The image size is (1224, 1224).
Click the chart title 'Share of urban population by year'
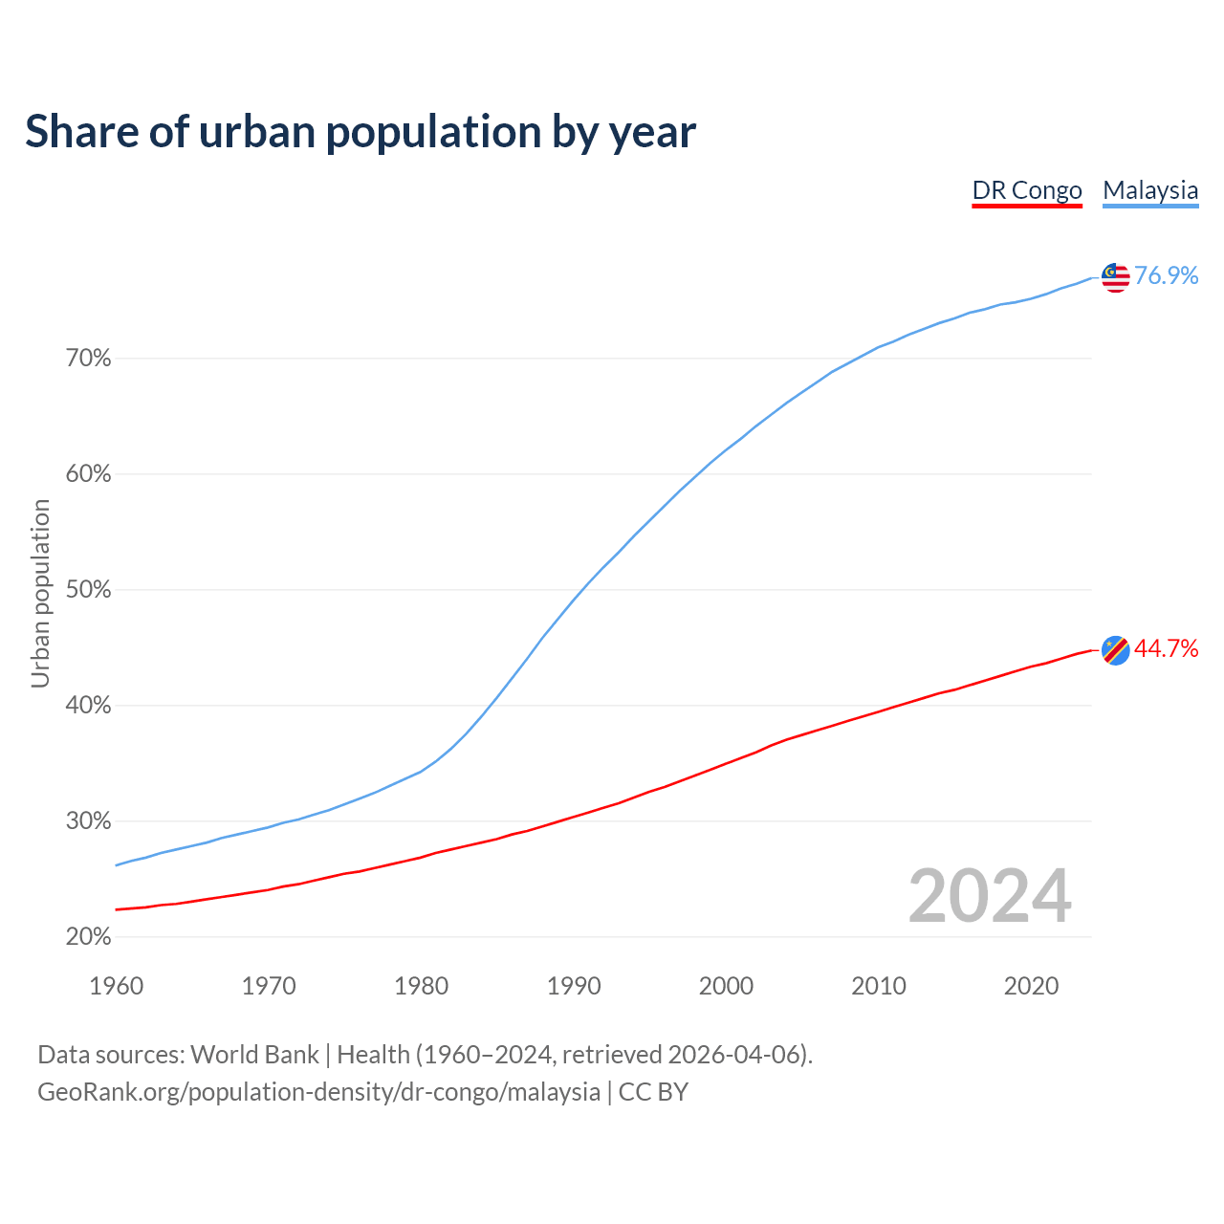pyautogui.click(x=361, y=132)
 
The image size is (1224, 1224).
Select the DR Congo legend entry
pyautogui.click(x=1027, y=190)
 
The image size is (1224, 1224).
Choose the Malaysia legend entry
pyautogui.click(x=1150, y=190)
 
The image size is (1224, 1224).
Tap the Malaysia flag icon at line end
pyautogui.click(x=1116, y=277)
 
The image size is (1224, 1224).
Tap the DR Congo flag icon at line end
pyautogui.click(x=1116, y=650)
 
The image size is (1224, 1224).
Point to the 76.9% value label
pyautogui.click(x=1166, y=276)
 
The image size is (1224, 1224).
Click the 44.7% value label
pyautogui.click(x=1166, y=649)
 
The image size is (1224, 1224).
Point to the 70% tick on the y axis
pyautogui.click(x=89, y=359)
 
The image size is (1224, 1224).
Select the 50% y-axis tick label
pyautogui.click(x=89, y=590)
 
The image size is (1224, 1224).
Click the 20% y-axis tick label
pyautogui.click(x=89, y=937)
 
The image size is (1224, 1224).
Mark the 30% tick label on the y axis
pyautogui.click(x=89, y=821)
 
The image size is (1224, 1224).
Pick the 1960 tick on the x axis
pyautogui.click(x=117, y=986)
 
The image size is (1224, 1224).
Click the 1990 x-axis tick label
pyautogui.click(x=574, y=986)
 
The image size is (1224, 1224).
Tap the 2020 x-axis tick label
pyautogui.click(x=1031, y=986)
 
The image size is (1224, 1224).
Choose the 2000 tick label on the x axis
pyautogui.click(x=726, y=986)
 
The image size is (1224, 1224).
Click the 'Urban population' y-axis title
pyautogui.click(x=40, y=593)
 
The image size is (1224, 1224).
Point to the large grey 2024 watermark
pyautogui.click(x=990, y=896)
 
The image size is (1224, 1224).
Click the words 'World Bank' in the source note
pyautogui.click(x=254, y=1055)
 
